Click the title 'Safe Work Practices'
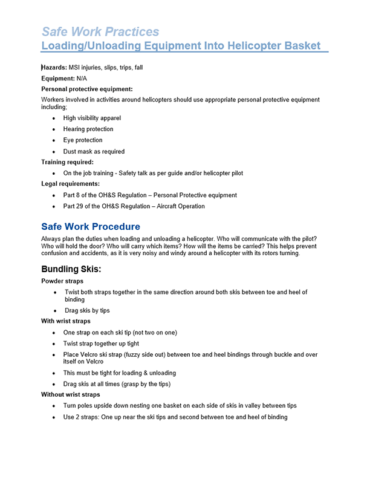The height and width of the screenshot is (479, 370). point(100,31)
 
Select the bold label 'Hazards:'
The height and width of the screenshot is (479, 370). point(54,68)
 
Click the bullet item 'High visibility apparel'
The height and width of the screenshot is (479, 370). point(92,118)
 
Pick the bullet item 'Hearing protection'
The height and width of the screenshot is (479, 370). point(88,129)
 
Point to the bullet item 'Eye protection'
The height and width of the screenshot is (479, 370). point(82,140)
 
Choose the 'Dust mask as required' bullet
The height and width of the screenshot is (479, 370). point(94,151)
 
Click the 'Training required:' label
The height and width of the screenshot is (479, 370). point(67,162)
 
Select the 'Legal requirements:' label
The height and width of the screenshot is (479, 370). point(70,183)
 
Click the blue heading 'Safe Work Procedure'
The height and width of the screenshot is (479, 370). point(90,227)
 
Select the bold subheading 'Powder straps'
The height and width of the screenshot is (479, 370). point(62,281)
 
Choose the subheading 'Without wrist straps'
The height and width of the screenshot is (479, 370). point(70,394)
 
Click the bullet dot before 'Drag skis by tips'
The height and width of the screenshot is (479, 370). point(56,311)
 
